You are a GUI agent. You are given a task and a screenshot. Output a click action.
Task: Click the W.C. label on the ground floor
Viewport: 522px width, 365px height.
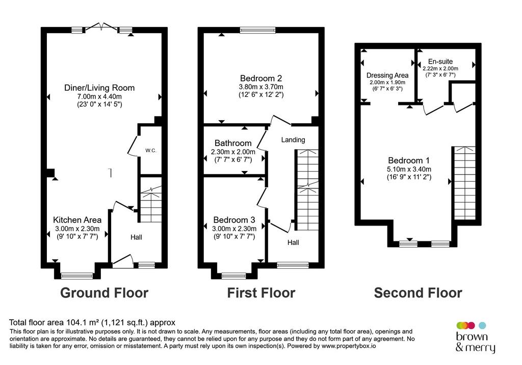[x=151, y=151]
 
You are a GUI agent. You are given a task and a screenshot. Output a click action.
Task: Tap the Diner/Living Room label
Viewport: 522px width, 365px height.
[x=99, y=88]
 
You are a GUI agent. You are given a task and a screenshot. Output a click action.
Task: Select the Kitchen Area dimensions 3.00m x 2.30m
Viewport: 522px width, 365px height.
[x=77, y=229]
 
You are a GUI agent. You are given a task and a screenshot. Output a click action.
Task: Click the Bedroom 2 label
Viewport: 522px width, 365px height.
[x=261, y=78]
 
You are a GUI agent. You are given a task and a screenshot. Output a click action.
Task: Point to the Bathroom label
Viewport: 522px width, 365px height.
[x=233, y=143]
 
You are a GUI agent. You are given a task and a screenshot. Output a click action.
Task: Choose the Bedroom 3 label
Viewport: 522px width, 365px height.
[x=234, y=220]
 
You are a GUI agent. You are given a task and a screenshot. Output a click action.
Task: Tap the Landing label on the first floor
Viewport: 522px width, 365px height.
[x=293, y=140]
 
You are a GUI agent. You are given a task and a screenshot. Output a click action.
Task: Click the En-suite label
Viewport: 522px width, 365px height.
[x=440, y=62]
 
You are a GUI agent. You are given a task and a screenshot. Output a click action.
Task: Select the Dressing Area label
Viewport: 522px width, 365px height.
[x=387, y=75]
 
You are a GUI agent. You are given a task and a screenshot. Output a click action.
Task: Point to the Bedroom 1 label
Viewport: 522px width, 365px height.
[x=409, y=160]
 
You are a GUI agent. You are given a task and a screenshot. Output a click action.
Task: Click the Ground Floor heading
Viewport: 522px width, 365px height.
[x=104, y=293]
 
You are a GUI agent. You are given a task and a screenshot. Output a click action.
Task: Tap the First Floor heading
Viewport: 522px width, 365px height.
[x=261, y=293]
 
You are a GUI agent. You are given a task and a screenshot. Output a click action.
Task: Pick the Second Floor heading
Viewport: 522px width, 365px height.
[x=418, y=293]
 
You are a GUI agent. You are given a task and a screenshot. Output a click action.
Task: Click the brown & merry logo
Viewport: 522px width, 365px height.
[x=476, y=337]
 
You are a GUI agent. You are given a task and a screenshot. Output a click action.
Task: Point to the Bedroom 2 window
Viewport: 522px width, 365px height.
[x=257, y=30]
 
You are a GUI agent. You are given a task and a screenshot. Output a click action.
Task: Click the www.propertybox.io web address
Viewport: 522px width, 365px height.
[x=349, y=346]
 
